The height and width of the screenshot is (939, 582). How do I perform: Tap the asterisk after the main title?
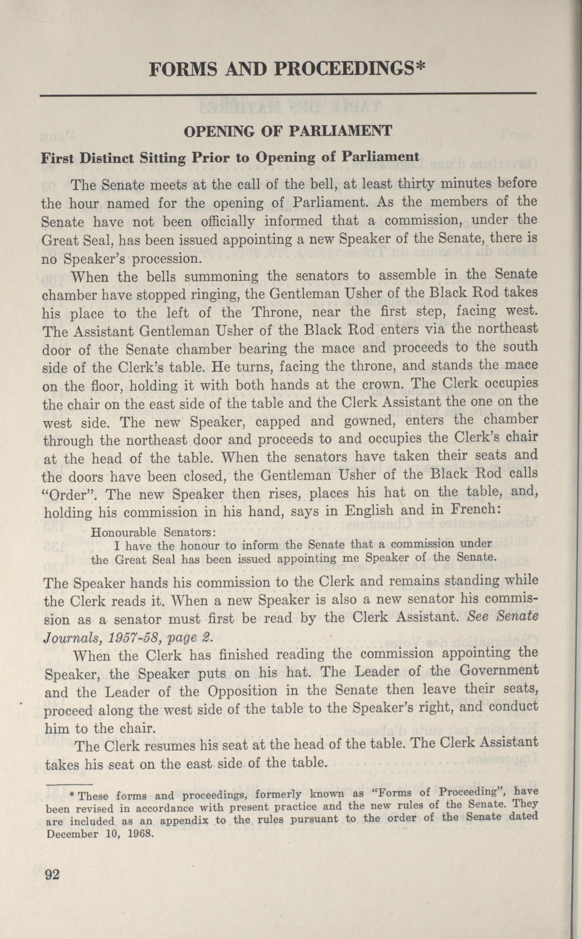(420, 68)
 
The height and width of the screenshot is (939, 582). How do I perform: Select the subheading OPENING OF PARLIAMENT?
(288, 132)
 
